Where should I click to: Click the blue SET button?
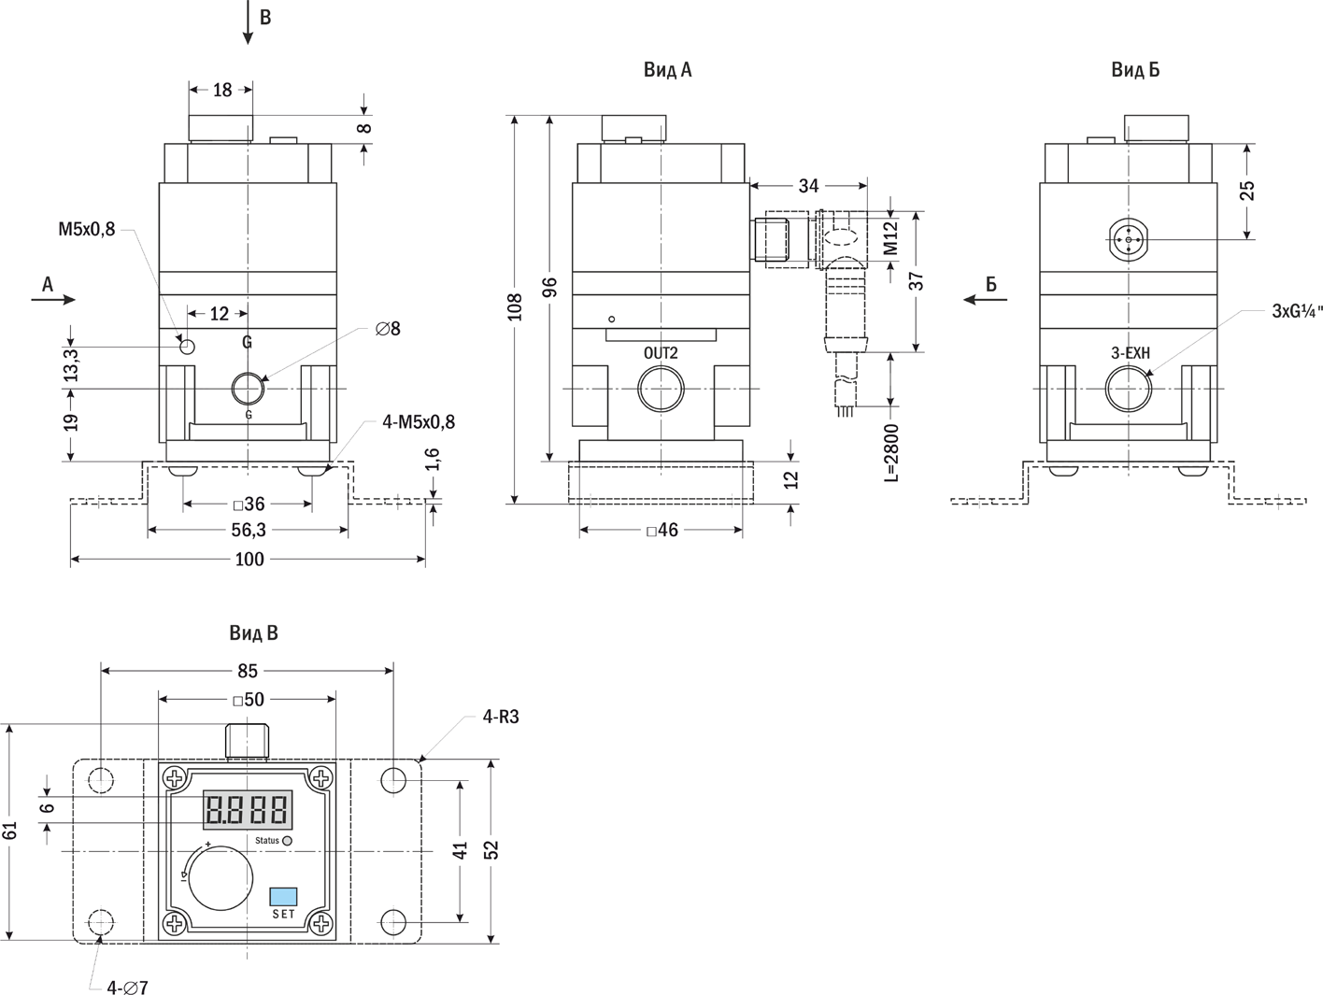tap(283, 896)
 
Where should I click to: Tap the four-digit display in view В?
tap(248, 809)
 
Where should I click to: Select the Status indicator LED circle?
tap(287, 841)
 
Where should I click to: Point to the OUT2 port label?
tap(661, 353)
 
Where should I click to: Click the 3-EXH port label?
tap(1131, 353)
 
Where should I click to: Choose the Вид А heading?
tap(667, 70)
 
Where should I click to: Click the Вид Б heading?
tap(1135, 70)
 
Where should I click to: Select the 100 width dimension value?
tap(249, 560)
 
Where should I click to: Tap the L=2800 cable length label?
tap(890, 453)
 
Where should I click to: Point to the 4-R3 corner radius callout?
tap(500, 718)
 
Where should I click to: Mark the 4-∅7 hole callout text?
tap(127, 987)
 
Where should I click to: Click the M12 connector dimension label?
tap(890, 238)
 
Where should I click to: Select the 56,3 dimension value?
tap(249, 531)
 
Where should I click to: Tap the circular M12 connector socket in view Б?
tap(1129, 240)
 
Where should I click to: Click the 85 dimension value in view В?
tap(248, 671)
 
